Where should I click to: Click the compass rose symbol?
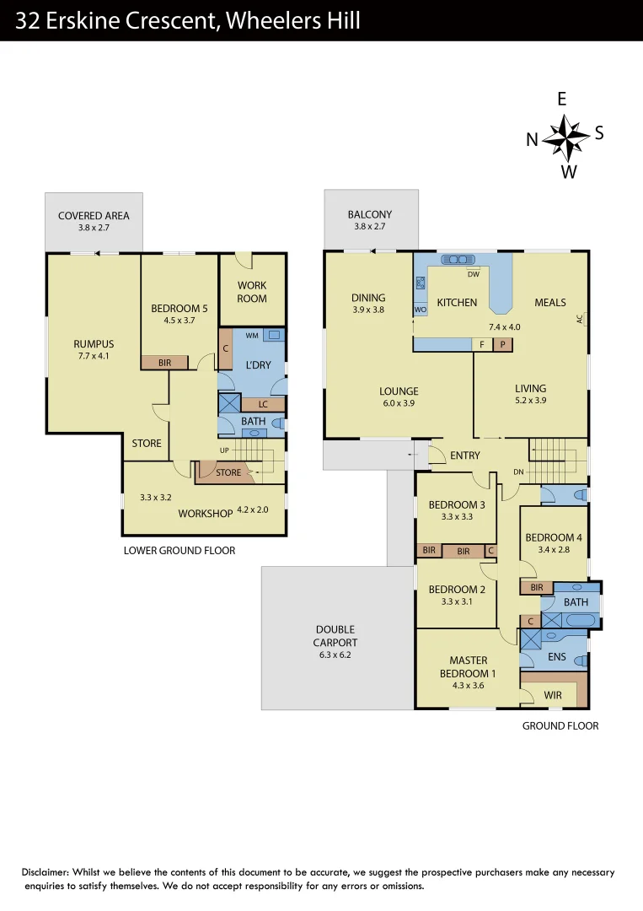tap(565, 135)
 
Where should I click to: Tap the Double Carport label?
tap(335, 636)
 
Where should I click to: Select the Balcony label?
tap(370, 215)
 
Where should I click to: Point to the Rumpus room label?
tap(94, 344)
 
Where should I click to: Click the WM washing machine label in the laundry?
tap(252, 336)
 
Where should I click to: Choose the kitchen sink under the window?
tap(459, 260)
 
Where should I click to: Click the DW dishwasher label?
tap(473, 274)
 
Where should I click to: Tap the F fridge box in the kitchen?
tap(482, 344)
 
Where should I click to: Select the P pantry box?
tap(503, 344)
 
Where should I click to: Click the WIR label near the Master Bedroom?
tap(553, 695)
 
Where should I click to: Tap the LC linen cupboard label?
tap(263, 404)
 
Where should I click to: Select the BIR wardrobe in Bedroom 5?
tap(165, 362)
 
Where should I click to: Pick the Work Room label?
tap(252, 292)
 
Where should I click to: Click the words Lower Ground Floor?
tap(180, 550)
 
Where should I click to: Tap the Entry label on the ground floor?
tap(465, 455)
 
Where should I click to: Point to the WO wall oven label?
tap(421, 310)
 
